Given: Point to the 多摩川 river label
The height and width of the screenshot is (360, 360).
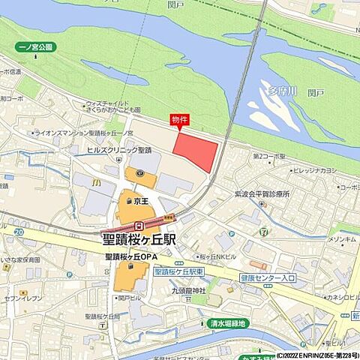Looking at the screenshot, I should [283, 91].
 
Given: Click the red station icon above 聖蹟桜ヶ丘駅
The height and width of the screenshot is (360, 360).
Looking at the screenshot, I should [139, 226].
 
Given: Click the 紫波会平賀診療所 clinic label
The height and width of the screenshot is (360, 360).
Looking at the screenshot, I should [262, 193].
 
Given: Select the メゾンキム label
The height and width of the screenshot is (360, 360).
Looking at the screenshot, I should [342, 240].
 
